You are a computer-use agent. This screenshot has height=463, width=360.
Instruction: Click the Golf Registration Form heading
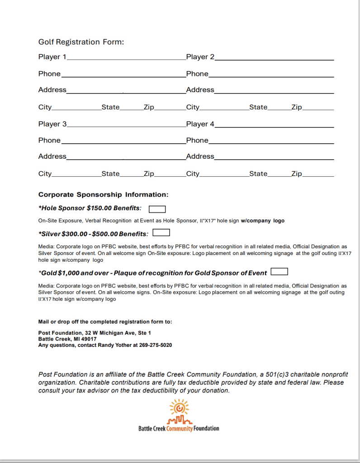(81, 42)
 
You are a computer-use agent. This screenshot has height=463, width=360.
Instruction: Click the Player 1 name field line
(126, 59)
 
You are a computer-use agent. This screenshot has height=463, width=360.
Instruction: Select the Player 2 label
(200, 57)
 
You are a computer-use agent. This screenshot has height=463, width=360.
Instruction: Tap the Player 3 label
(52, 124)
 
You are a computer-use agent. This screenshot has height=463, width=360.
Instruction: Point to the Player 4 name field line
(274, 126)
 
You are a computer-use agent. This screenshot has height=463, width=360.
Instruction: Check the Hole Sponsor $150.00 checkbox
(157, 209)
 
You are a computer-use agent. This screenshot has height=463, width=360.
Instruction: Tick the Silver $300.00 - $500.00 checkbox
(161, 233)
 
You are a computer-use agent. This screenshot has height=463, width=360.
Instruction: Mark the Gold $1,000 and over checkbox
(279, 272)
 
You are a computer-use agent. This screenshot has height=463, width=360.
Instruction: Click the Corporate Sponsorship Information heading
(103, 195)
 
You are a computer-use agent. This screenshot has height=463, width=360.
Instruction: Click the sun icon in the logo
(179, 407)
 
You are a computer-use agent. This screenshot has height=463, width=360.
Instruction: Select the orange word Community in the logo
(180, 428)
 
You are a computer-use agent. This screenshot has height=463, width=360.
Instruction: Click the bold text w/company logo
(262, 221)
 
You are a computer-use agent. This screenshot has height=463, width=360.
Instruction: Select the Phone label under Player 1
(49, 74)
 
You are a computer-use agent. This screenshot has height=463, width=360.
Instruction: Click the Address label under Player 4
(200, 156)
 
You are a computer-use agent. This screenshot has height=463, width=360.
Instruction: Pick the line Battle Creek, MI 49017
(67, 339)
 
